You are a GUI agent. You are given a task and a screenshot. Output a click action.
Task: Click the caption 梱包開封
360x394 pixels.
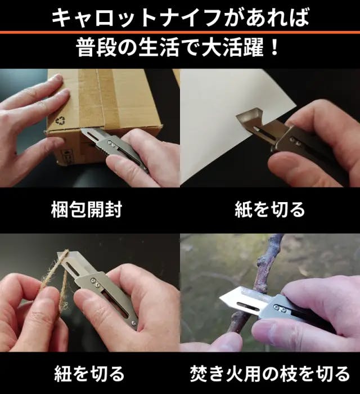[x=87, y=210]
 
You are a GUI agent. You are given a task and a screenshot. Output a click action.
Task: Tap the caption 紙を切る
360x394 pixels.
[x=270, y=210]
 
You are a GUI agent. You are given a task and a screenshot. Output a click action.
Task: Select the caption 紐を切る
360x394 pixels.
[x=89, y=374]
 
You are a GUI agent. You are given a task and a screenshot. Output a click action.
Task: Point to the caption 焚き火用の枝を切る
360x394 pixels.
[x=270, y=374]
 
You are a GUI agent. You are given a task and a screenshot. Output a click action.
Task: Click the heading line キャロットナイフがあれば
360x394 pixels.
[x=180, y=17]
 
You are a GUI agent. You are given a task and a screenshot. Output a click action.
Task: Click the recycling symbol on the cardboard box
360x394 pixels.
[x=61, y=120]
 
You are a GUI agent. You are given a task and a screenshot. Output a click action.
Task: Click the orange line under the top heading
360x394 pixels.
[x=180, y=32]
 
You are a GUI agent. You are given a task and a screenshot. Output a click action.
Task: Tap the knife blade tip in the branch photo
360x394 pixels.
[x=220, y=298]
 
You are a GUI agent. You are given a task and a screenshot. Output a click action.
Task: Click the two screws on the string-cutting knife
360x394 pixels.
[x=95, y=281]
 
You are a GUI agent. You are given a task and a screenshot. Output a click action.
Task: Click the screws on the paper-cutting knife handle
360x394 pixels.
[x=295, y=141]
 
